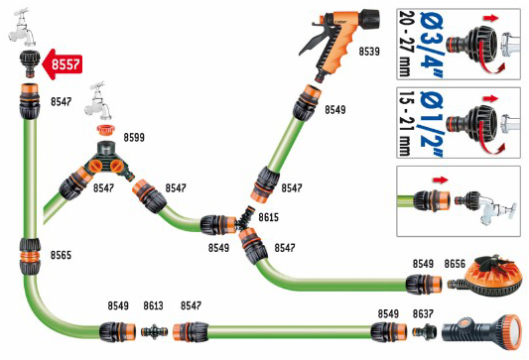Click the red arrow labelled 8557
62,64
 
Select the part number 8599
134,137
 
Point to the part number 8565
62,255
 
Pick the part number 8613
153,305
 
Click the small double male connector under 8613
154,330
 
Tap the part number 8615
269,217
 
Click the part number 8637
423,313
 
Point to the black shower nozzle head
480,332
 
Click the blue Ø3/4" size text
432,44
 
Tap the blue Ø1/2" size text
432,124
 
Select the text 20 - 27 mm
405,44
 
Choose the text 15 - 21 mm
405,123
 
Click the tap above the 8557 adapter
23,28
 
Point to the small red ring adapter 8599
105,130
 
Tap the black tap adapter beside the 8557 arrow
30,63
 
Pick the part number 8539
369,52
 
